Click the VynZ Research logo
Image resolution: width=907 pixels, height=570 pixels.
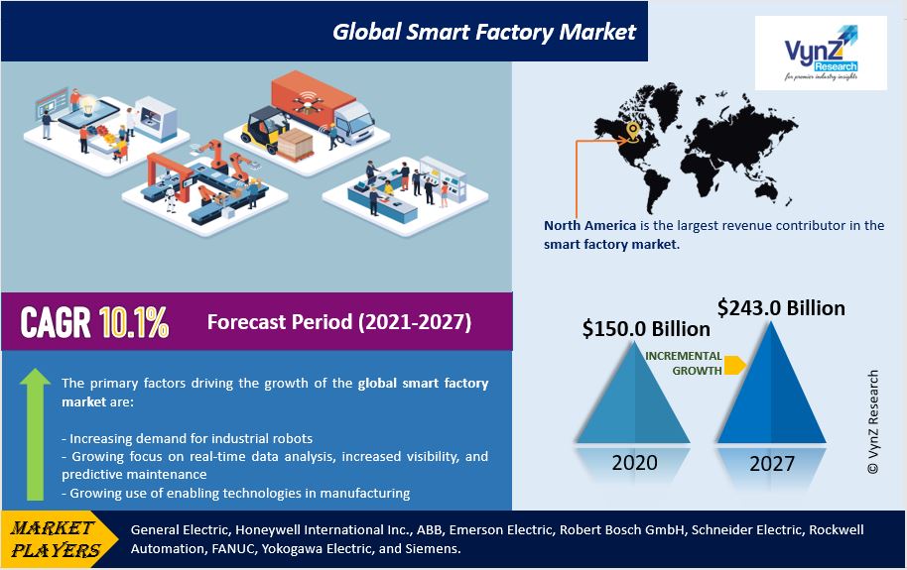[821, 53]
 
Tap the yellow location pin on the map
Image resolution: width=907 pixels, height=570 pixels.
[633, 131]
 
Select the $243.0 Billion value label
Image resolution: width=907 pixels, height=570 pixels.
[781, 307]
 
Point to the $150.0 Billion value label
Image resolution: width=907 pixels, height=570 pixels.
[646, 328]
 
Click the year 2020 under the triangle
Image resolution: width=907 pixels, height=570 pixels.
[634, 463]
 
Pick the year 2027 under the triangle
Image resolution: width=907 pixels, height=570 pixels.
[772, 464]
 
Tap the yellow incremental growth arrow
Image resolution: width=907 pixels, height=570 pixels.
[734, 365]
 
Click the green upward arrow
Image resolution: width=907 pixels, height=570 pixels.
[35, 434]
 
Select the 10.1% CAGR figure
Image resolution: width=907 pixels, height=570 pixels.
[134, 322]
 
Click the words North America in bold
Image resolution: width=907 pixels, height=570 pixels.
[589, 225]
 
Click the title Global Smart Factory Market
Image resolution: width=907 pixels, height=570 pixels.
[484, 31]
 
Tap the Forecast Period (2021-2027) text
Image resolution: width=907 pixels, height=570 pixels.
[339, 321]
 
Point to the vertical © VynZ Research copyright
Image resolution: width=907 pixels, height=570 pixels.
[873, 422]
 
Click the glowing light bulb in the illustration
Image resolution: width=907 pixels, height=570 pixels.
[88, 105]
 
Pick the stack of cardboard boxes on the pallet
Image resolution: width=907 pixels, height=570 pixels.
[295, 144]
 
